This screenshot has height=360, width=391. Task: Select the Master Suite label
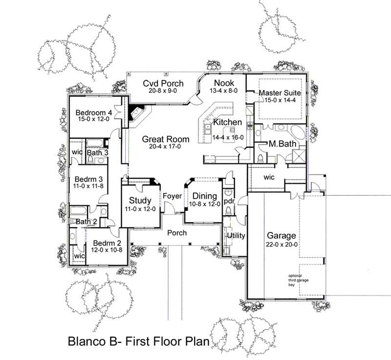tap(279, 92)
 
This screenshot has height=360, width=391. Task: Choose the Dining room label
tap(201, 197)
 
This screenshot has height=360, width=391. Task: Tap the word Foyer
tap(173, 196)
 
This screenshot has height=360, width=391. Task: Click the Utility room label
tap(236, 235)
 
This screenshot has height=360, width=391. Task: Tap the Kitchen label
tap(227, 122)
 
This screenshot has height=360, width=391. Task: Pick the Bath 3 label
tap(97, 153)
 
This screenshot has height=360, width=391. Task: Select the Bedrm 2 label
tap(104, 243)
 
